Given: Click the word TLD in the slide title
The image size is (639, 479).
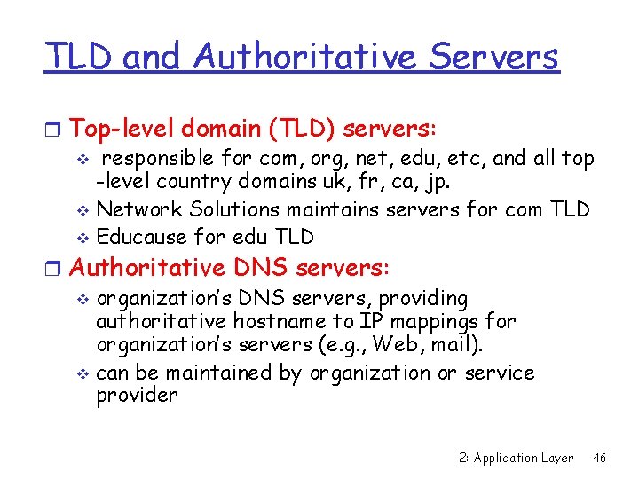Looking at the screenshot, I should pyautogui.click(x=80, y=58).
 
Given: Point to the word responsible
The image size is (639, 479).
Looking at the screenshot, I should pyautogui.click(x=157, y=160).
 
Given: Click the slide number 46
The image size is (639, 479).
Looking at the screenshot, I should pyautogui.click(x=600, y=458).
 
